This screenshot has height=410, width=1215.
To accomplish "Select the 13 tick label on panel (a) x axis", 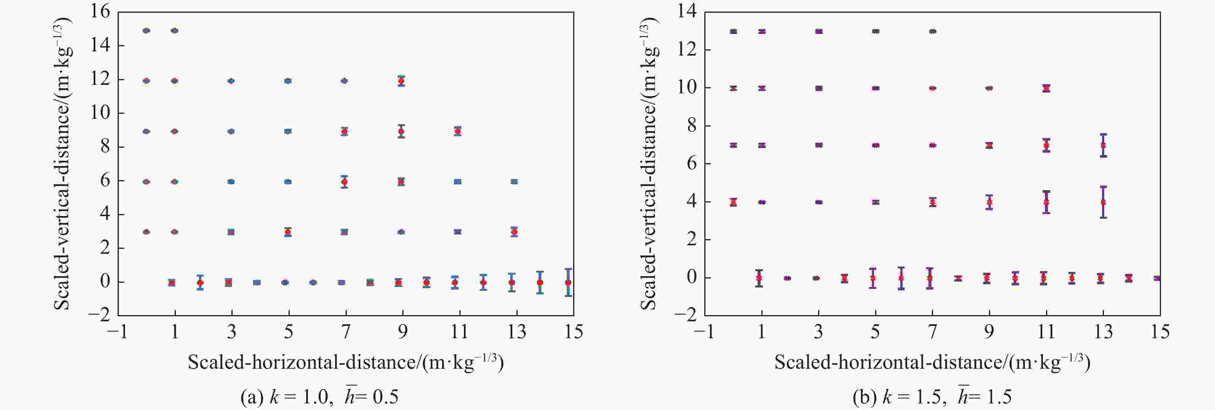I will click(516, 332).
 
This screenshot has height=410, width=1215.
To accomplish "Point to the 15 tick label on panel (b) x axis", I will click(1159, 332).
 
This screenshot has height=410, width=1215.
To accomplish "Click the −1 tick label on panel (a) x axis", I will click(117, 332).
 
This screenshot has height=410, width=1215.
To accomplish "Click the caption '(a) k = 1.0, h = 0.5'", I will click(319, 397).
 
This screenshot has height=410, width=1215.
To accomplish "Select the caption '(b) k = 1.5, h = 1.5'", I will click(932, 397).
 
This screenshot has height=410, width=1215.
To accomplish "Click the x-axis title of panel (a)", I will click(346, 362).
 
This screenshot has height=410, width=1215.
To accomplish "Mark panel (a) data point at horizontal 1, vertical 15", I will click(174, 31).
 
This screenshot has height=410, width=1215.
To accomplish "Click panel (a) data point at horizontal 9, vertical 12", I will click(402, 81).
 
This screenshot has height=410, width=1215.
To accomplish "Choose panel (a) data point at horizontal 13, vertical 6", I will click(514, 182).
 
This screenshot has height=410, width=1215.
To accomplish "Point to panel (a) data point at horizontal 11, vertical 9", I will click(457, 131).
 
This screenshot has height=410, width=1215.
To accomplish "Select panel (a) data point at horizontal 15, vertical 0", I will click(569, 282).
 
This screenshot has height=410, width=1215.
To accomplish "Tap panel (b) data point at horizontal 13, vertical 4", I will click(1103, 202).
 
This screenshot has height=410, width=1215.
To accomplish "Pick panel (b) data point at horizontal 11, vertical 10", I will click(1046, 88).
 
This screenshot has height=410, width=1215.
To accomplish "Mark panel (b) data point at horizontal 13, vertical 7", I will click(1103, 145).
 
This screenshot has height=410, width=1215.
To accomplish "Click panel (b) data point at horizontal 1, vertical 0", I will click(759, 278).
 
